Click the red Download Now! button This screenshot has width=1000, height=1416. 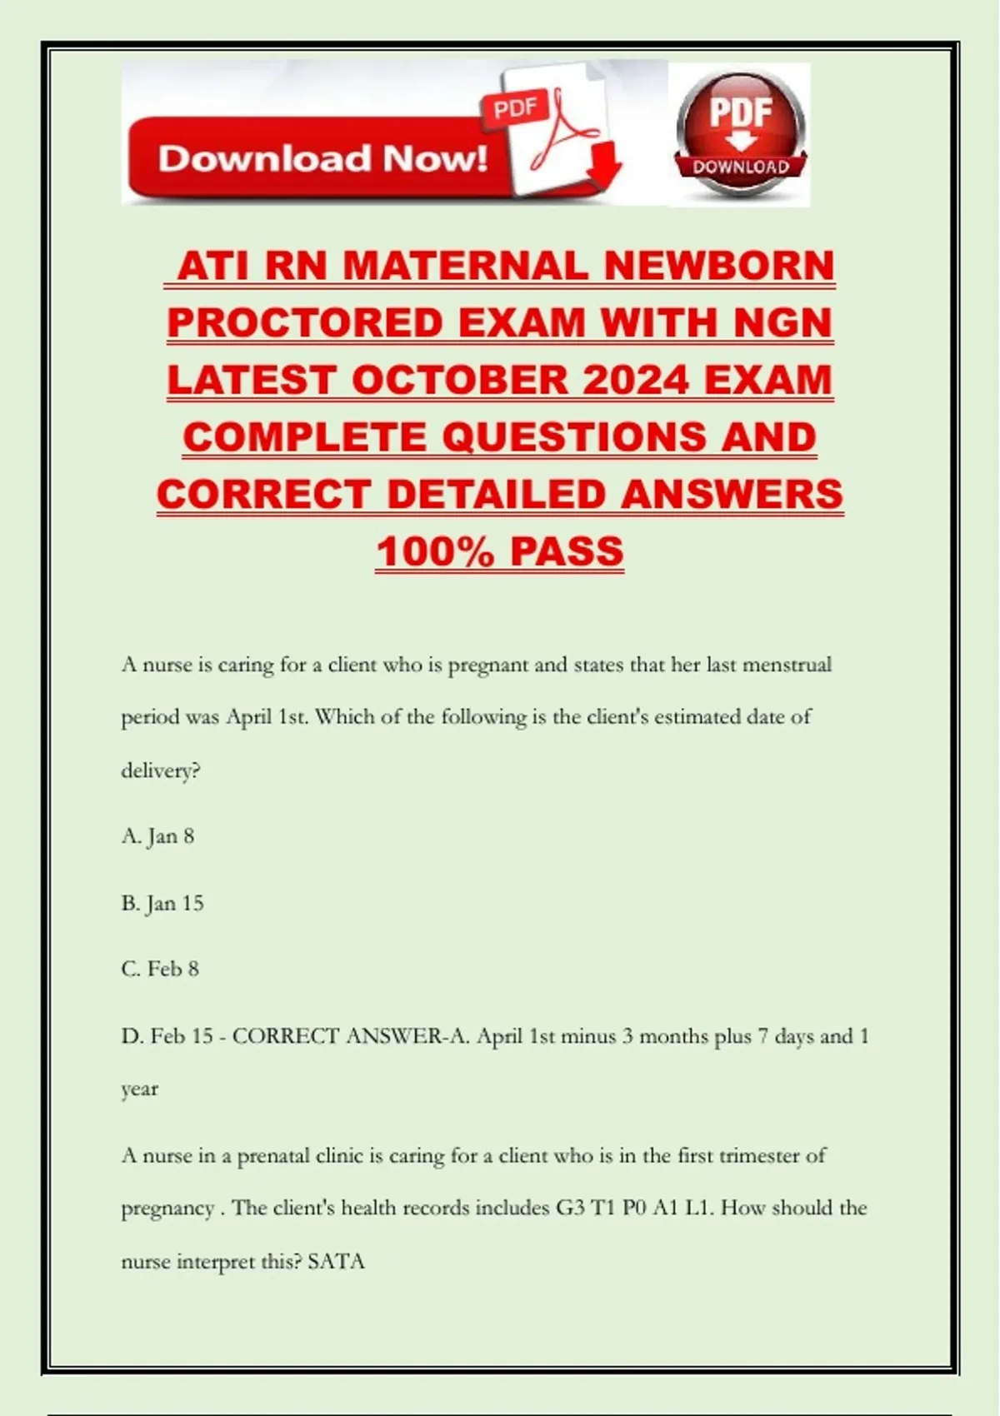[x=321, y=158]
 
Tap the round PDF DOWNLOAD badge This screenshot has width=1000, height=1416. [x=740, y=133]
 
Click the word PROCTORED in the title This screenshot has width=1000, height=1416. [x=306, y=323]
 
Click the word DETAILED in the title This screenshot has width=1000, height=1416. [x=497, y=494]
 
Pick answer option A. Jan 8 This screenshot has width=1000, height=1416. [x=157, y=836]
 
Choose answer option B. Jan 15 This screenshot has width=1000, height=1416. [x=162, y=903]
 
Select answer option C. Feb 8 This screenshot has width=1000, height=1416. [x=160, y=969]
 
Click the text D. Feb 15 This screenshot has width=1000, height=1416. [x=167, y=1036]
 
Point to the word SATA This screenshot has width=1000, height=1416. [x=336, y=1261]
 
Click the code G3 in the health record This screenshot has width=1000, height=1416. [x=570, y=1208]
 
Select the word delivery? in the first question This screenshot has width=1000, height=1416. [x=161, y=770]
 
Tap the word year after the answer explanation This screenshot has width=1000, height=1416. [x=139, y=1089]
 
